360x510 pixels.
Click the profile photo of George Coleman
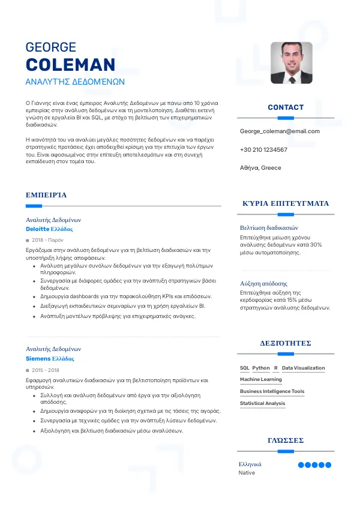[292, 62]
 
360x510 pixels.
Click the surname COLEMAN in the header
[70, 65]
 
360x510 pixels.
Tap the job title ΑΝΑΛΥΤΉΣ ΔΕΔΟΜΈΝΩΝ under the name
[75, 81]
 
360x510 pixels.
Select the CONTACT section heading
[286, 107]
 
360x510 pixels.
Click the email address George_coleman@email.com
[280, 131]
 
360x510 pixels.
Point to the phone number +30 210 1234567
[263, 149]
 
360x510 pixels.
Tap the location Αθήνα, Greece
[260, 168]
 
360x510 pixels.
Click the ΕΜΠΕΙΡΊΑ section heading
[46, 195]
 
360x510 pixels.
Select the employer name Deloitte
[38, 229]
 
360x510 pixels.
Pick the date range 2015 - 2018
[46, 370]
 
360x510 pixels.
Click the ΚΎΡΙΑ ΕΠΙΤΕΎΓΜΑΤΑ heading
[286, 203]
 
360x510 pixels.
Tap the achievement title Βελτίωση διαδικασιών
[269, 228]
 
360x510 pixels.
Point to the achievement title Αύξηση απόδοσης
[263, 283]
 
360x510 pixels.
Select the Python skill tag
[261, 368]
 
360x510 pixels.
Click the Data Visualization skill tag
[303, 368]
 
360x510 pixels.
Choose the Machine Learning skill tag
[260, 380]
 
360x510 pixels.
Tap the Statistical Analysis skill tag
[262, 404]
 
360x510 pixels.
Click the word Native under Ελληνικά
[247, 473]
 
